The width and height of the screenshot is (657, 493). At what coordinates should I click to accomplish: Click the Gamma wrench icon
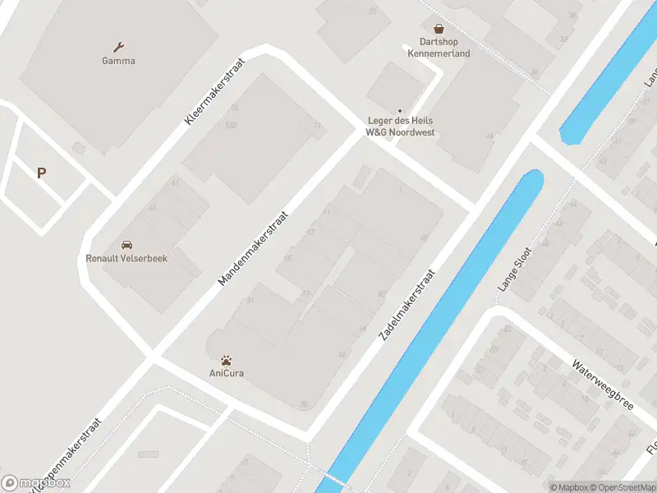coord(119,47)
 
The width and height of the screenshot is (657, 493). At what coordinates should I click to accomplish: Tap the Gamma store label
coord(119,61)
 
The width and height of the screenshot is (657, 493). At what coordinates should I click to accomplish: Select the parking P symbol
coord(41,173)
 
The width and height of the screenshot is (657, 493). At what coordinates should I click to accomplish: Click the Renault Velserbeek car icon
coord(126,245)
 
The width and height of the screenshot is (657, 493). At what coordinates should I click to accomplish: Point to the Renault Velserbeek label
coord(126,258)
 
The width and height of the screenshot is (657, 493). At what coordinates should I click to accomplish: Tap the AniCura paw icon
coord(227,360)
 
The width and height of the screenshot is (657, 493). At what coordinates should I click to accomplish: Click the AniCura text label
coord(227,373)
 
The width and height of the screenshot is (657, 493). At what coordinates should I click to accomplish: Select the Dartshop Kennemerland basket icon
coord(439,28)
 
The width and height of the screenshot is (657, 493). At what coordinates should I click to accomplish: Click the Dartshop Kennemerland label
coord(439,48)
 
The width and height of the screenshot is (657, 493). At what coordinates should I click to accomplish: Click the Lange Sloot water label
coord(516,270)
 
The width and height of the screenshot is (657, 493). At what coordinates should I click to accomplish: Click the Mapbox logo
coord(36,483)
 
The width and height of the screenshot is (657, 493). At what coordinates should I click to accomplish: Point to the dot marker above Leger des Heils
coord(400,111)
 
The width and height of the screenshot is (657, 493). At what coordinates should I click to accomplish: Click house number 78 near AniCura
coord(304,403)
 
